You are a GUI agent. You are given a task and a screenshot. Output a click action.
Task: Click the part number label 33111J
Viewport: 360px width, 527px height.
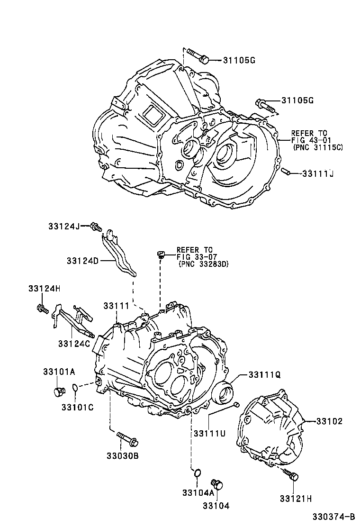(x=318, y=174)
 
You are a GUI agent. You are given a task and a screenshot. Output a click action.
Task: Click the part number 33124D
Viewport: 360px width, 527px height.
(x=82, y=261)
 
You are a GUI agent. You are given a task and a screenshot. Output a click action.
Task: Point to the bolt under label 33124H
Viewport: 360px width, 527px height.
(x=41, y=309)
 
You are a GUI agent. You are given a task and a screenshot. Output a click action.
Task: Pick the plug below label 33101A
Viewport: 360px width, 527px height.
(x=59, y=392)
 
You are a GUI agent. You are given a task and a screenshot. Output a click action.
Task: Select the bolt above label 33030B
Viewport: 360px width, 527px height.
(x=127, y=439)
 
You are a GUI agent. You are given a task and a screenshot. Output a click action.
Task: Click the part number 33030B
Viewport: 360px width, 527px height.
(x=122, y=456)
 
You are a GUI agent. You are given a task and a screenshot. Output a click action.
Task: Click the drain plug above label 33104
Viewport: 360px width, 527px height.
(x=218, y=484)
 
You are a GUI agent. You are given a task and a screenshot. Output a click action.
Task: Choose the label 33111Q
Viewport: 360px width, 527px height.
(x=265, y=374)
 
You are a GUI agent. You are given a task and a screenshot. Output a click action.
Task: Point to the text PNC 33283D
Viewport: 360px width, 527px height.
(x=204, y=264)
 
